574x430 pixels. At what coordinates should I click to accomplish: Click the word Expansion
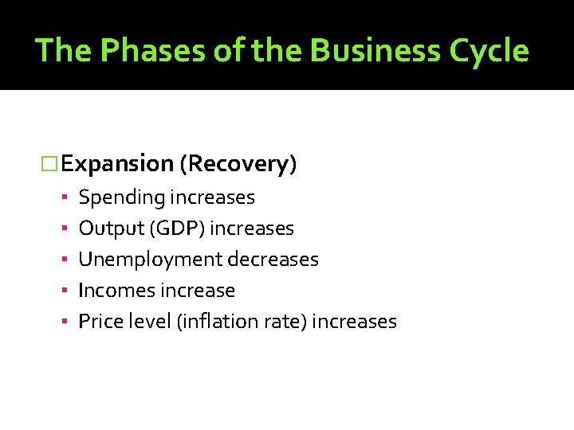point(117,164)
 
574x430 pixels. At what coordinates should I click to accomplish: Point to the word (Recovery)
point(238,164)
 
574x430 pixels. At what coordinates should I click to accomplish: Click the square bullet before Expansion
point(50,165)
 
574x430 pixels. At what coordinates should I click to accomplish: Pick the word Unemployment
point(150,260)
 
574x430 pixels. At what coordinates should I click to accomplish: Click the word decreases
point(273,260)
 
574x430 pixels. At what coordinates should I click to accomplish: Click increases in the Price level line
point(354,322)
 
